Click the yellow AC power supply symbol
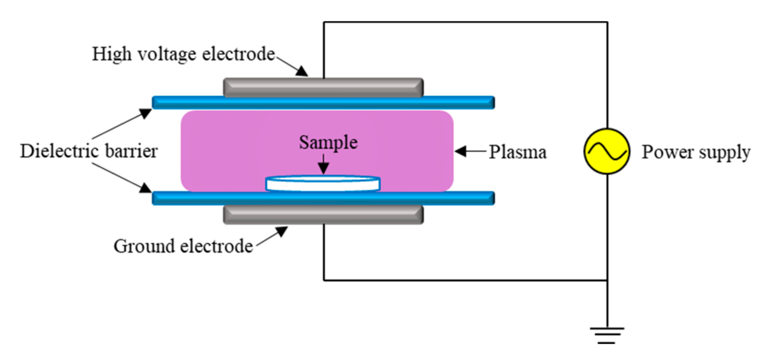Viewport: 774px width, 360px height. click(607, 151)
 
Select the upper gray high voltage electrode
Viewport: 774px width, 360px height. click(323, 88)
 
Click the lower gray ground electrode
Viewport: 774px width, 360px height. click(323, 215)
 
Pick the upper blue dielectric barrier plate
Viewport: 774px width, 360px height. click(323, 103)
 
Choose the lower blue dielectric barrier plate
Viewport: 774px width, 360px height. click(323, 198)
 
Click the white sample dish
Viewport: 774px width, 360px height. click(323, 184)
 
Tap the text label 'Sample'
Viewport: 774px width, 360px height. click(328, 143)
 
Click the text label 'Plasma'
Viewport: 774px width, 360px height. click(517, 152)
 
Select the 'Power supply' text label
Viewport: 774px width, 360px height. click(696, 152)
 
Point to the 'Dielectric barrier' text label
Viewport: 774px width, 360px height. click(89, 151)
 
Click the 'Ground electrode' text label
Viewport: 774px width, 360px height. click(183, 246)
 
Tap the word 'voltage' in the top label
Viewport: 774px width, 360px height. click(167, 54)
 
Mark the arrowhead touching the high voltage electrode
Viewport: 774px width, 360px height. click(302, 71)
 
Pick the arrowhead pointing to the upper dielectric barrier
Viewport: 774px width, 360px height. click(146, 113)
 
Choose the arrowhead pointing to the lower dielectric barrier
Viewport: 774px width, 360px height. click(146, 188)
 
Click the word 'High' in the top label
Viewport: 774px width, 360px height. click(111, 54)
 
